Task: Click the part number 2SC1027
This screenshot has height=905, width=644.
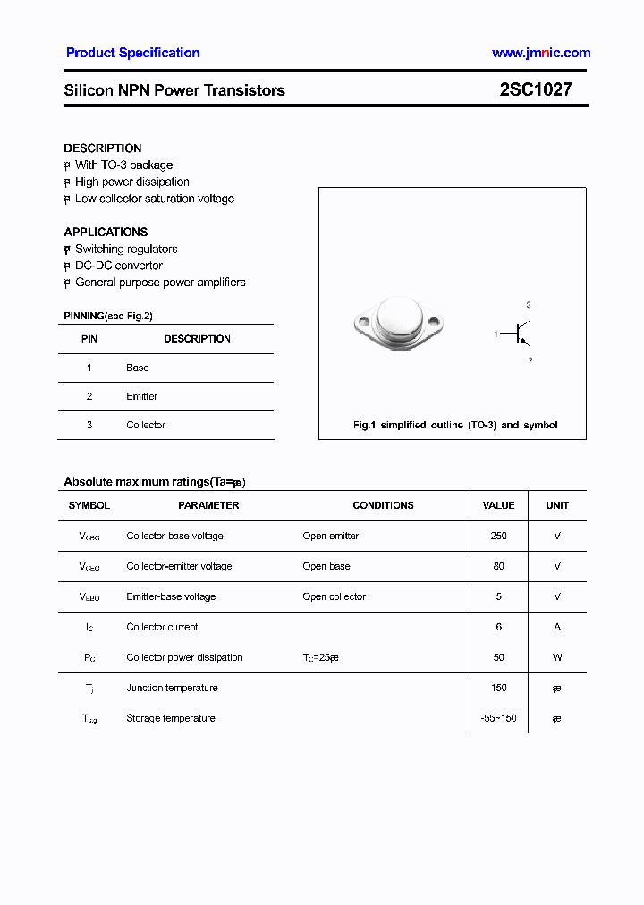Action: click(535, 89)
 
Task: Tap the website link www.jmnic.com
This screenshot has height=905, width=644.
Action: click(540, 53)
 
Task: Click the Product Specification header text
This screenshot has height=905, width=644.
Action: click(132, 53)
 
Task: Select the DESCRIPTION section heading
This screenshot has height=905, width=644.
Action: click(102, 148)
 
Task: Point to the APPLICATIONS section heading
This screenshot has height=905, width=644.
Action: click(106, 232)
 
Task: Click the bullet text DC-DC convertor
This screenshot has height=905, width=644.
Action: click(118, 266)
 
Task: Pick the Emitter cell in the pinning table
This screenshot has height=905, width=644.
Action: click(141, 396)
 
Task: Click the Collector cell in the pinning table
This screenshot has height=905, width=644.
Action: click(146, 425)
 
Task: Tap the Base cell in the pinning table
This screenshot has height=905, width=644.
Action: click(137, 368)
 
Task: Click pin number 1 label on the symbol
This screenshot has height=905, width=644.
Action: click(496, 334)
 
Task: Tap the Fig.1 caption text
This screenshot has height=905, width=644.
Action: click(454, 425)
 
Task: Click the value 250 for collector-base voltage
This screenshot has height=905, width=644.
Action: click(498, 536)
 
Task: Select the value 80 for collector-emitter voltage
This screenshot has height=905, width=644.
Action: click(498, 566)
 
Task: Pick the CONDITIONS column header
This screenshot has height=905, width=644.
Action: click(383, 505)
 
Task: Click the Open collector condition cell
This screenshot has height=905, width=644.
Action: click(334, 596)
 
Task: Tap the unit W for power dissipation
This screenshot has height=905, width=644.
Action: click(557, 657)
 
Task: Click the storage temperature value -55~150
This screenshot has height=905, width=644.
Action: click(498, 718)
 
